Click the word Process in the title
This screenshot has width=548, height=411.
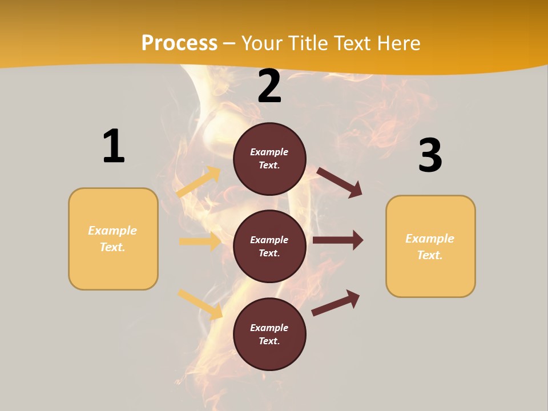179,43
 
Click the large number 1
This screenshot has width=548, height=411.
114,146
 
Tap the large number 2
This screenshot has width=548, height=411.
269,86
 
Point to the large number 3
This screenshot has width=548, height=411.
430,155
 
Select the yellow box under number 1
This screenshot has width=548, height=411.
113,239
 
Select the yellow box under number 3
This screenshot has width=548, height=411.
430,247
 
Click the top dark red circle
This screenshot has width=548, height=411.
269,159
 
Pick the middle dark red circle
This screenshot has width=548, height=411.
269,246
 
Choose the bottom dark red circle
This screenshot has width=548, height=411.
269,334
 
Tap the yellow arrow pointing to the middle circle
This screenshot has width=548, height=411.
200,241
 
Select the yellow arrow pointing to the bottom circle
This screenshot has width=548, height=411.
200,304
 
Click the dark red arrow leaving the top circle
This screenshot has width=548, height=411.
340,183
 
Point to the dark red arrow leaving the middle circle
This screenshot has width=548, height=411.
338,240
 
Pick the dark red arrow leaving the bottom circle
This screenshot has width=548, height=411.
336,303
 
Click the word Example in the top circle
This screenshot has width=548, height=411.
269,152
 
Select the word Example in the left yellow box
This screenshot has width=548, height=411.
112,231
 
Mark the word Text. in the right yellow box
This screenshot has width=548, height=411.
430,255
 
